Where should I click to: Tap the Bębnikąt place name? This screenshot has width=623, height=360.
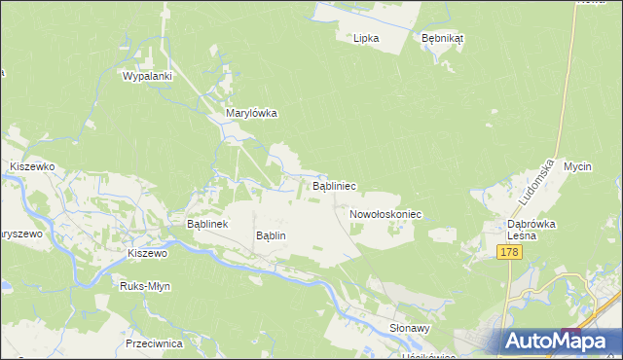point(442,38)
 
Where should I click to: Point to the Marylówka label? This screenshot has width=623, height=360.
point(252,113)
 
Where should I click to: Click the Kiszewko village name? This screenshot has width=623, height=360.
point(31,166)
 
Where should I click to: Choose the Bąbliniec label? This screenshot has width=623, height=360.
point(333,184)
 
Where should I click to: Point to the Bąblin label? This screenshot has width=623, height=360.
point(270,235)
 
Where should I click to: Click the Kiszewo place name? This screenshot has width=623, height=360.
point(148,253)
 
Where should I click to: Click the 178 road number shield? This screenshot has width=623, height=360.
point(509,252)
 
